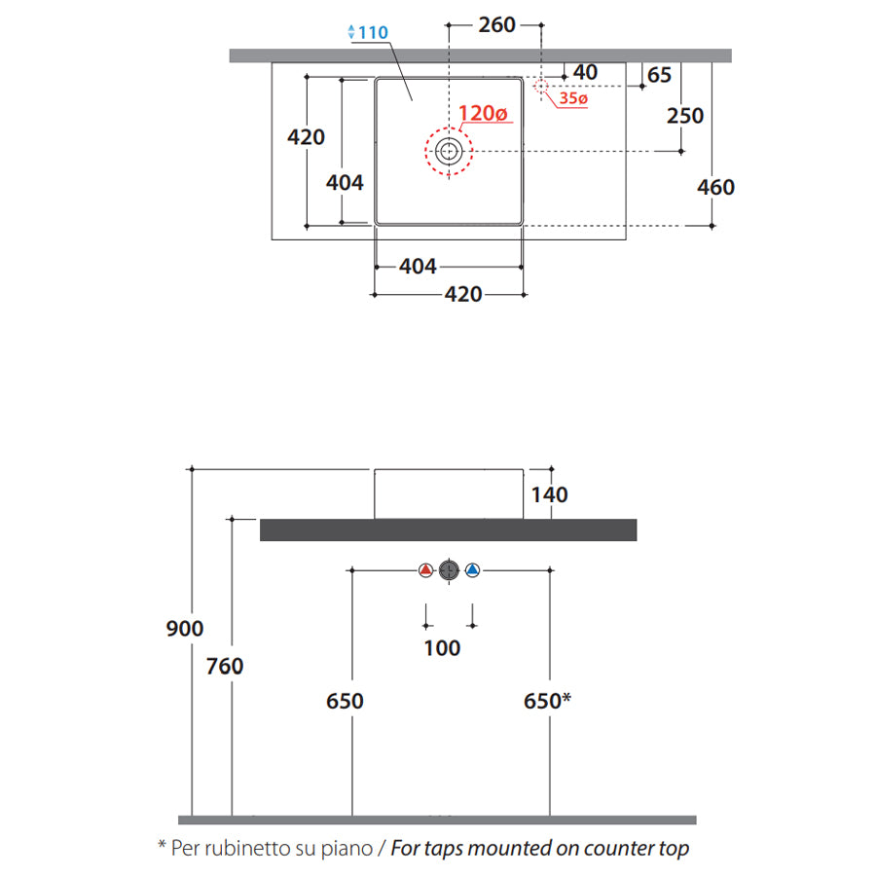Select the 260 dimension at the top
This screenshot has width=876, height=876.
pyautogui.click(x=496, y=24)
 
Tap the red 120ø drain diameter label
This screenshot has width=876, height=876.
pyautogui.click(x=483, y=113)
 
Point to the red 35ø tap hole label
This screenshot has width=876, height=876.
pyautogui.click(x=573, y=98)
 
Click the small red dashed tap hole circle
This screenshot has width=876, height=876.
pyautogui.click(x=541, y=86)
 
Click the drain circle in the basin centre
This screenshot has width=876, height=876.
pyautogui.click(x=449, y=151)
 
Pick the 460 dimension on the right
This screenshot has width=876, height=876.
pyautogui.click(x=715, y=187)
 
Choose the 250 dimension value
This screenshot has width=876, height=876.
pyautogui.click(x=685, y=116)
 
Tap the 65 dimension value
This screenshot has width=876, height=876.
pyautogui.click(x=659, y=75)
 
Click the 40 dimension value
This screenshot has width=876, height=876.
pyautogui.click(x=585, y=72)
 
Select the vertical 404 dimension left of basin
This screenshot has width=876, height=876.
pyautogui.click(x=345, y=183)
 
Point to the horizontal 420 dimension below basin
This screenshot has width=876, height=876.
pyautogui.click(x=463, y=294)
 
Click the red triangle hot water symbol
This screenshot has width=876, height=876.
pyautogui.click(x=425, y=569)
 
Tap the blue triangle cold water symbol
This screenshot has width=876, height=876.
pyautogui.click(x=473, y=569)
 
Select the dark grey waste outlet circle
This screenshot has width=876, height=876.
pyautogui.click(x=449, y=569)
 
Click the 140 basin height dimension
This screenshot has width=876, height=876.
pyautogui.click(x=549, y=494)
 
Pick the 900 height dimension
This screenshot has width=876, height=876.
pyautogui.click(x=184, y=629)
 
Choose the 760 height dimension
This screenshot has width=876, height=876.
pyautogui.click(x=225, y=666)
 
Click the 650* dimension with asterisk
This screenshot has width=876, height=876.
pyautogui.click(x=547, y=701)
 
